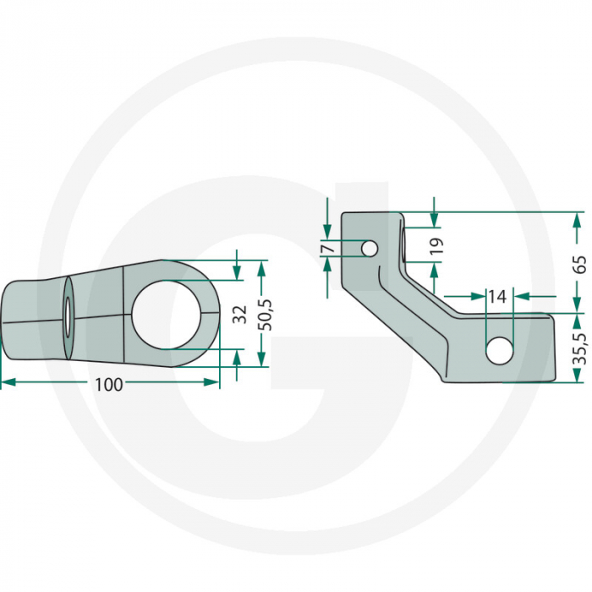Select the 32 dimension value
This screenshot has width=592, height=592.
click(x=240, y=314)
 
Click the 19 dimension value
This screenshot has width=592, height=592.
click(x=436, y=246)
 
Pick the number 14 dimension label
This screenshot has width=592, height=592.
click(x=497, y=296)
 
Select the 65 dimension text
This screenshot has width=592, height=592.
click(x=579, y=263)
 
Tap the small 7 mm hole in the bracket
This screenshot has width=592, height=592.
click(x=368, y=249)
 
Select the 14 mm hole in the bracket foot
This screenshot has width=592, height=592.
click(x=499, y=349)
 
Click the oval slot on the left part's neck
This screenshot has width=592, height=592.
click(x=66, y=316)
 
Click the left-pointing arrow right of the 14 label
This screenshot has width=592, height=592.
click(x=521, y=296)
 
